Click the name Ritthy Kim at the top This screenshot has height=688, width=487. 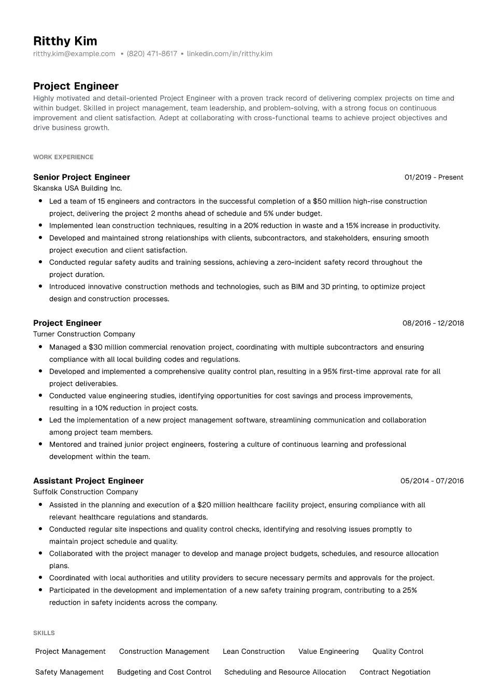click(65, 41)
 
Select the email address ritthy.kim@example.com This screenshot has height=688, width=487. click(74, 54)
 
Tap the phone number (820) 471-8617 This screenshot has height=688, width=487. click(152, 54)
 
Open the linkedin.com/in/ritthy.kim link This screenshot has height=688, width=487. click(230, 54)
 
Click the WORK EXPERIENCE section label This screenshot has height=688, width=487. click(63, 157)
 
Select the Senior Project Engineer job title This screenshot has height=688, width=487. click(81, 177)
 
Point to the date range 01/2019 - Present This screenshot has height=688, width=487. click(434, 177)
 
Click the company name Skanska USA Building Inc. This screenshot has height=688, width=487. click(77, 189)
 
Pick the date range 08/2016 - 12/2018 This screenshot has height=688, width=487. click(433, 323)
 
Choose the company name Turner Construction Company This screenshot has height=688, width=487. click(84, 335)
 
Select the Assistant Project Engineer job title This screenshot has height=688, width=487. click(88, 481)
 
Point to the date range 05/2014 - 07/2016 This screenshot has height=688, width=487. click(432, 481)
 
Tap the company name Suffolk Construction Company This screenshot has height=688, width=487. click(85, 492)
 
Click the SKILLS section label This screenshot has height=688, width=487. click(44, 633)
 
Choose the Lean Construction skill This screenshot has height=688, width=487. click(253, 652)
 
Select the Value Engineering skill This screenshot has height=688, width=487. click(328, 652)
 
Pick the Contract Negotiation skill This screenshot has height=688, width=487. click(395, 672)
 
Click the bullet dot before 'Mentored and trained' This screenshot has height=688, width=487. click(40, 444)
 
